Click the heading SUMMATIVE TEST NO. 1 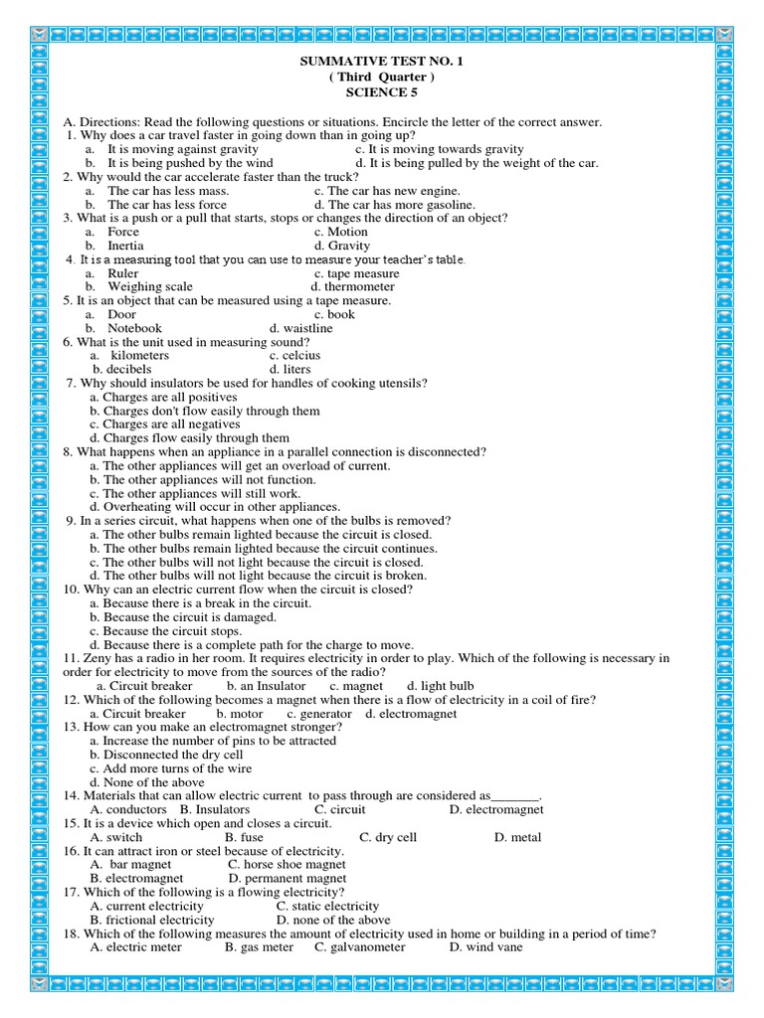[382, 62]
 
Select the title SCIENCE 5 [382, 92]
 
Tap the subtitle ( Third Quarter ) [382, 78]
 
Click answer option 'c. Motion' [341, 232]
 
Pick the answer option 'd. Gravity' [342, 246]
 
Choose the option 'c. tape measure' [357, 273]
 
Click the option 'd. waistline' [301, 328]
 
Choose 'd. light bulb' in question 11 [441, 686]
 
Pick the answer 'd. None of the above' [147, 782]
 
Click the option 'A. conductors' [128, 809]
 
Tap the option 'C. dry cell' [388, 837]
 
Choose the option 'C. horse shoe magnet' [287, 865]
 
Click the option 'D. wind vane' [485, 947]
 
